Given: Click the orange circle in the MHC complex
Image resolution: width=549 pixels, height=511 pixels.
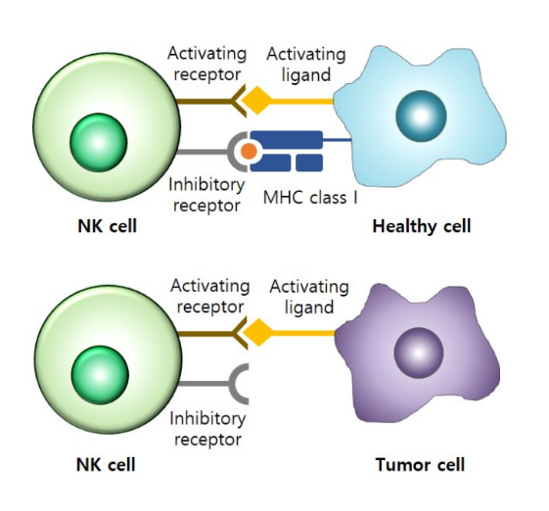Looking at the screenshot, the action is tap(249, 151).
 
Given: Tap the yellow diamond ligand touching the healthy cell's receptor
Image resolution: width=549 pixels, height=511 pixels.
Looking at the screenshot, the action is tap(257, 101).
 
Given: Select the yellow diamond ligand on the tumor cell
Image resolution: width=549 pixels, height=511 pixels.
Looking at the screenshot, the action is tap(258, 333).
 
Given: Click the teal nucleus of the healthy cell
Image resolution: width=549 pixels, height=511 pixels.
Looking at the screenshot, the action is tap(421, 116).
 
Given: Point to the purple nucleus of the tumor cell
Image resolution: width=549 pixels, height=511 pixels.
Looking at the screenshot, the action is tap(419, 352).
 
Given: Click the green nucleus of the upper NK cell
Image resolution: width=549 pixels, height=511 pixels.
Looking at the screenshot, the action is tap(99, 142).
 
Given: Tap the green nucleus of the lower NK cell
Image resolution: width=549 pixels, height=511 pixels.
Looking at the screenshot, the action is tap(100, 375).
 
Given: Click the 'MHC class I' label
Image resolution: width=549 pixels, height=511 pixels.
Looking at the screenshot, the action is tap(310, 198).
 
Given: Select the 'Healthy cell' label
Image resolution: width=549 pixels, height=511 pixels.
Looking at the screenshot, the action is tap(422, 226).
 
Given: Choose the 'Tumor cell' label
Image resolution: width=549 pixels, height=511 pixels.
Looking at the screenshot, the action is tap(420, 465).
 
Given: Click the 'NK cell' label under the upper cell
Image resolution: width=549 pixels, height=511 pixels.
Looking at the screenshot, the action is tap(107, 226).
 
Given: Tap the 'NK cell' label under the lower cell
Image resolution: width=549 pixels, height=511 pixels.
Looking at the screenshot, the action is tap(106, 465).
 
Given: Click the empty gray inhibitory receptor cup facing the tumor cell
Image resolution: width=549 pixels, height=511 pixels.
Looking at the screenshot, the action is tap(235, 384).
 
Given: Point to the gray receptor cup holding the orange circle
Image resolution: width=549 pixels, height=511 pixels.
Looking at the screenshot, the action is tap(233, 152).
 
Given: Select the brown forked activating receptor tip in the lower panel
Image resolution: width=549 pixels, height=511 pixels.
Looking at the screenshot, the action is tap(241, 333).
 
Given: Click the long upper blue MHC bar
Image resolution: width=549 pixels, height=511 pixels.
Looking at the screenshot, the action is tap(287, 139).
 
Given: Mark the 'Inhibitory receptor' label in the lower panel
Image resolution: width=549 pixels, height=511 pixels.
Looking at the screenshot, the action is tap(208, 429).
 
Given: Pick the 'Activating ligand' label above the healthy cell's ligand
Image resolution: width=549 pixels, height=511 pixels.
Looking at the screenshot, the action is tap(306, 65).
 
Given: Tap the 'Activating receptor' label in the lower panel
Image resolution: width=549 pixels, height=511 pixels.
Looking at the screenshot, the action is tap(210, 297).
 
